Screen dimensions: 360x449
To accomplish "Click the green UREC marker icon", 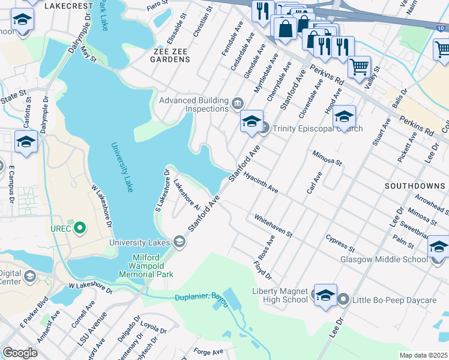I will [x=79, y=228].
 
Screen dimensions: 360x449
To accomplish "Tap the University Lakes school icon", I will [x=178, y=242].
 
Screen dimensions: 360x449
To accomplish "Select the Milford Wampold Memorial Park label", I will [x=152, y=266].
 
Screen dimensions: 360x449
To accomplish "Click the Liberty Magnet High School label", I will [x=280, y=295].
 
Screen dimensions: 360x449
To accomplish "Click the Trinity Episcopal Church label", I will [x=318, y=128].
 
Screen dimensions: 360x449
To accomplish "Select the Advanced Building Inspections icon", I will [x=237, y=105].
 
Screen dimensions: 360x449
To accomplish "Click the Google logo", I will [x=20, y=352].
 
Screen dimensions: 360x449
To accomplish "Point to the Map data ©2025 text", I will [x=423, y=355].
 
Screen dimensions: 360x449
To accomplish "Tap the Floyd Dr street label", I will [x=262, y=269].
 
